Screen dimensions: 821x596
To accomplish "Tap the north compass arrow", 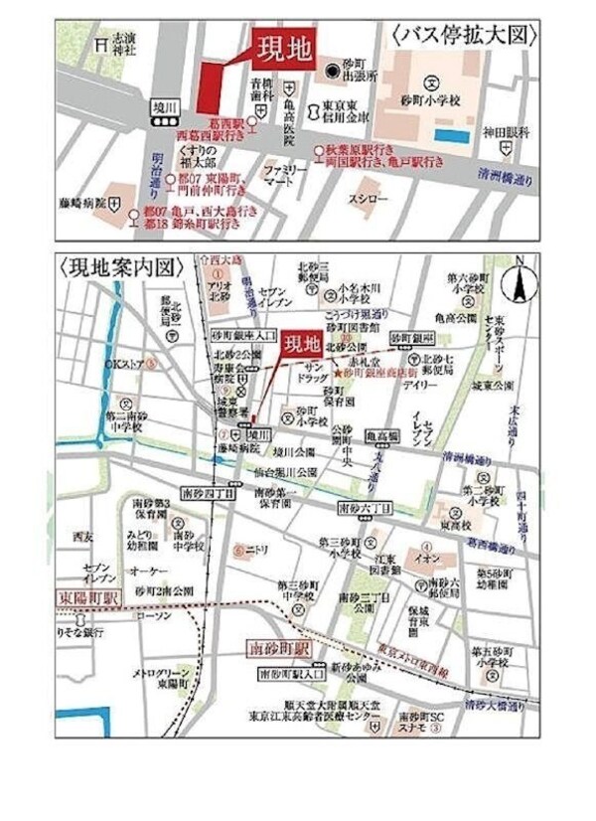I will [517, 285].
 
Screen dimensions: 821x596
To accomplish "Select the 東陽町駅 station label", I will [85, 600].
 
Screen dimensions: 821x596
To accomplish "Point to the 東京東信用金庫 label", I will [341, 112].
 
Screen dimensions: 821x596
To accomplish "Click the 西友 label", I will [82, 537].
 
